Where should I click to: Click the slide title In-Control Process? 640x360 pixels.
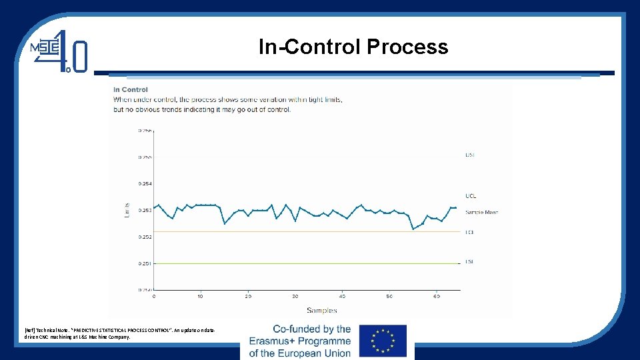pos(353,47)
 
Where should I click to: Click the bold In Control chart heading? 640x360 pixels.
pos(131,89)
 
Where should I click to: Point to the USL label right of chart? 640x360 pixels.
pos(470,155)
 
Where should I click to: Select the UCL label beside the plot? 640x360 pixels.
pos(471,196)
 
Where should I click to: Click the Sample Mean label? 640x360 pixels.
pos(481,212)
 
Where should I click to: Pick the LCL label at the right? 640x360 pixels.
pos(470,232)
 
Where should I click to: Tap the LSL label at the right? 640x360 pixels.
pos(469,262)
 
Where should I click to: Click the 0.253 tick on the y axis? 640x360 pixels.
pos(145,210)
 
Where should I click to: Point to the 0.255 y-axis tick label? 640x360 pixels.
pos(145,157)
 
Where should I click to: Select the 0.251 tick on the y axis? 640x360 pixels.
pos(145,263)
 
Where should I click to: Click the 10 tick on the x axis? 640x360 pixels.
pos(201,296)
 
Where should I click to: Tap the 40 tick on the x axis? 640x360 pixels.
pos(342,296)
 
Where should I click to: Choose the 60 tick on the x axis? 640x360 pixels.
pos(436,296)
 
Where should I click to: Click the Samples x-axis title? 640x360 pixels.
pos(321,310)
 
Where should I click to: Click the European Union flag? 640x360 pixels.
pos(383,341)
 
